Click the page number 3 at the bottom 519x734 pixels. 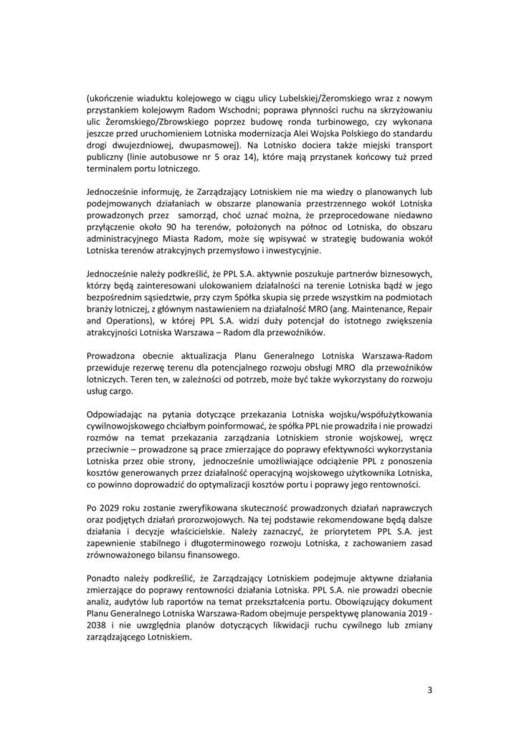click(x=429, y=691)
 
